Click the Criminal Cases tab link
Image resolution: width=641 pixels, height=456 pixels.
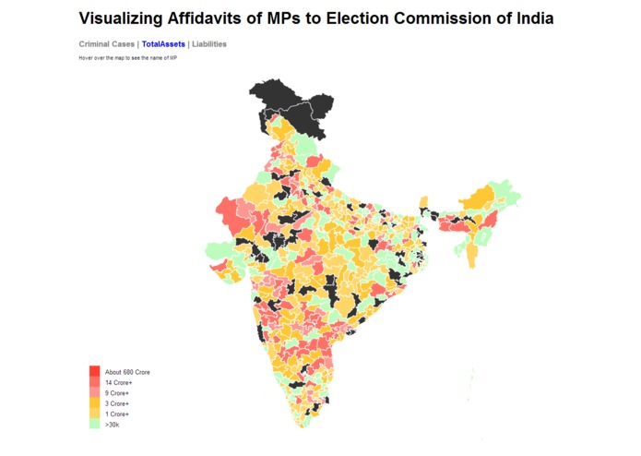[106, 44]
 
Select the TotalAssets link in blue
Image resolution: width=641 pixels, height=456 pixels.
[163, 44]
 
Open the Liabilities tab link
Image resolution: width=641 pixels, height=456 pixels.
[209, 44]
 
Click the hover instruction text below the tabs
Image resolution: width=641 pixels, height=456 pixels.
[127, 58]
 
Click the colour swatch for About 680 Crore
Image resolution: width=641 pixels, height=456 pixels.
[94, 371]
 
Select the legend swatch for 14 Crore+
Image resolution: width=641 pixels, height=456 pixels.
[94, 382]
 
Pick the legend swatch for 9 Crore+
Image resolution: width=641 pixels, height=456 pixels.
[94, 393]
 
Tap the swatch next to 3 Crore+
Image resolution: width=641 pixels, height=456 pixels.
[94, 403]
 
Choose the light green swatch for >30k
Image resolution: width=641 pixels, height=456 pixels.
[94, 425]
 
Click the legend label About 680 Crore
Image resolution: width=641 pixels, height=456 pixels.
[127, 372]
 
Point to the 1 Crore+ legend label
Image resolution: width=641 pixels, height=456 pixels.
[118, 414]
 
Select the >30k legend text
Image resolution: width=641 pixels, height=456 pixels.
[112, 425]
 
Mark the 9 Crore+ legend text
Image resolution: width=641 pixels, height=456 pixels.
[118, 393]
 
